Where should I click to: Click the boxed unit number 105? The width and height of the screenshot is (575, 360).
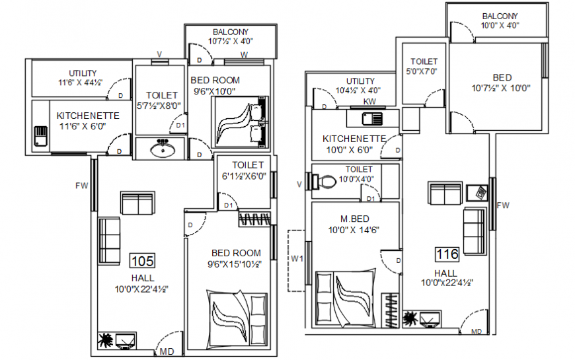coord(142,261)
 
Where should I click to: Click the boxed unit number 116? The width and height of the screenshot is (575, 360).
coord(447,254)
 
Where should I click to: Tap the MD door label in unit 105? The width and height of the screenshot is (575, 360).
coord(167,352)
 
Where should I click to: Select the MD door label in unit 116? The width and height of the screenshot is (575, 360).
coord(477,332)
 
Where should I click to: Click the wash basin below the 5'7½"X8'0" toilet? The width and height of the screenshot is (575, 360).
coord(163,149)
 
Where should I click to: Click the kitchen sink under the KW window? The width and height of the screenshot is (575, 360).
coord(372,118)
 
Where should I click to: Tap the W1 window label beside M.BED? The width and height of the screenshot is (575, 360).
coord(297,259)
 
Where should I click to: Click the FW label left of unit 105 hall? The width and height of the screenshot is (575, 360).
coord(82,186)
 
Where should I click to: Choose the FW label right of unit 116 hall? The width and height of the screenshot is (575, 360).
coord(503,205)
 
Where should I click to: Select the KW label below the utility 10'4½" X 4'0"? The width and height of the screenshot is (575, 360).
coord(369,102)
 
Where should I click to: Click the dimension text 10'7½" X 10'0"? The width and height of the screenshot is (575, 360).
coord(501,88)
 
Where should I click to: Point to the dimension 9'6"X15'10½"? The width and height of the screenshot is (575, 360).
coord(235,264)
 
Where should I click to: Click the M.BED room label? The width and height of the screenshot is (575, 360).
coord(355,219)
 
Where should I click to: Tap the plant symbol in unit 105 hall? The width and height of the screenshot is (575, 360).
coord(106,340)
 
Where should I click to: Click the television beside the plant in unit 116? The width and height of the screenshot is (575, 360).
coord(429,319)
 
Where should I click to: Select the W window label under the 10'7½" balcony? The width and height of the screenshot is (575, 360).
coord(244,55)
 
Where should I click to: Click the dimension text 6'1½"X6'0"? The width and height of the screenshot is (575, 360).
coord(244,176)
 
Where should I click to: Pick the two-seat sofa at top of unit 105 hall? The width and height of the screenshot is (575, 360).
coord(137,203)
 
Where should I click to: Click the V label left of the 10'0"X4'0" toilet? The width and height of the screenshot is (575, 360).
coord(299,184)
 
